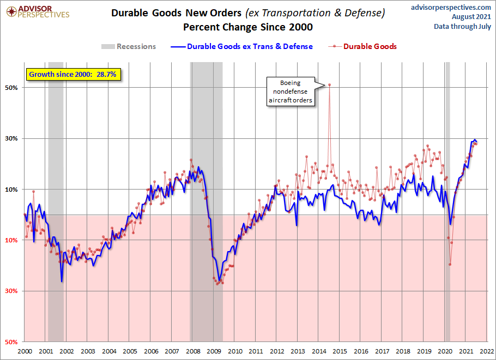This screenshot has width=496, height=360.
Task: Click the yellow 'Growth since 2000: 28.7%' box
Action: coord(72,74)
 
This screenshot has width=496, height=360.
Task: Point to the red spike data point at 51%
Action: coord(330,84)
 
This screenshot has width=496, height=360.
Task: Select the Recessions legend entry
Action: coord(129,47)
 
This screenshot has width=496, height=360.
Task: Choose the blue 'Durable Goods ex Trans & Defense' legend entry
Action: coord(242,47)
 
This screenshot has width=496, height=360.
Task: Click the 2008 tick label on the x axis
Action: coord(192,352)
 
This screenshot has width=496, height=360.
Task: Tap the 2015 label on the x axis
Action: coord(340,352)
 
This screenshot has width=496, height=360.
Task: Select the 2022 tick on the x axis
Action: coord(487,352)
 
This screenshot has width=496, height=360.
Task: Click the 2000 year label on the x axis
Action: coord(25,352)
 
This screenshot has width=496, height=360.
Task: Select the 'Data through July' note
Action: coord(462,26)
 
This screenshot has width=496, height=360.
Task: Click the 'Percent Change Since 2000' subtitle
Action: coord(248,27)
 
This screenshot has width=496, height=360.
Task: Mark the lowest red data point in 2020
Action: coord(450,265)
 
